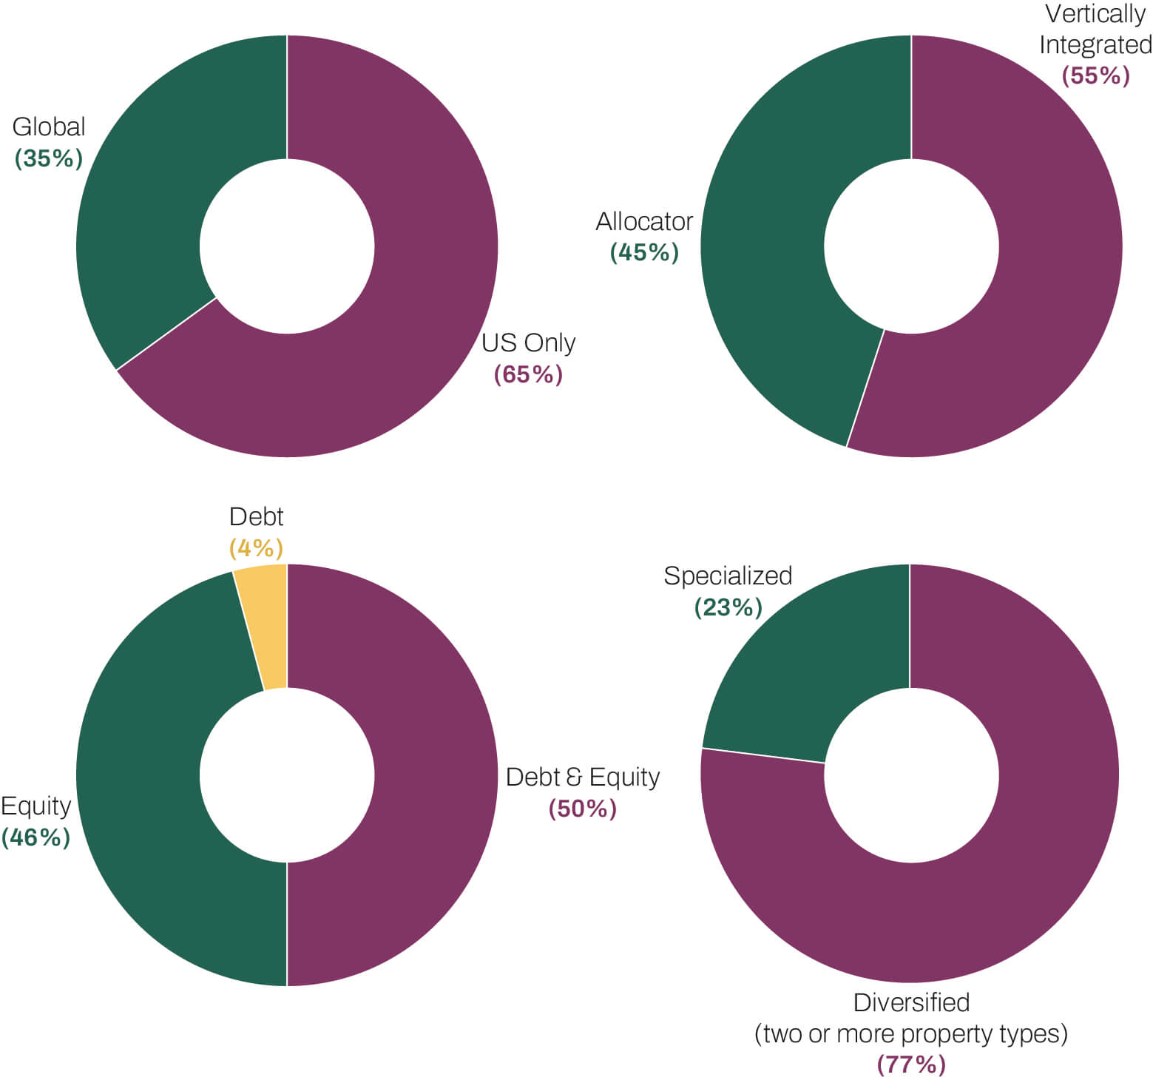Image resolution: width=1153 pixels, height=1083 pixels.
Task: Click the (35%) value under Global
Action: pyautogui.click(x=49, y=158)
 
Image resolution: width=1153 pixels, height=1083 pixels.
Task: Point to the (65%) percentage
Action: pyautogui.click(x=528, y=374)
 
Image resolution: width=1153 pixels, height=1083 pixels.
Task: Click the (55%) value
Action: pyautogui.click(x=1095, y=75)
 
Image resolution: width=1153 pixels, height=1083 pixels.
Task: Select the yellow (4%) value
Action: pyautogui.click(x=256, y=548)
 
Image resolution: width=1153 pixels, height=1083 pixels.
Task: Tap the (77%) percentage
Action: pyautogui.click(x=911, y=1065)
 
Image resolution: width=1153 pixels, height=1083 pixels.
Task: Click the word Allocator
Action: pyautogui.click(x=644, y=221)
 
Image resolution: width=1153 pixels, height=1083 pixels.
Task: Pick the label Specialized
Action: pyautogui.click(x=728, y=576)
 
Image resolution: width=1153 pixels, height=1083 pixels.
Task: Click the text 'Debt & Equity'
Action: pyautogui.click(x=583, y=777)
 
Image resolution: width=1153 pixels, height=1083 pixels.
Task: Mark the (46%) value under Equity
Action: pyautogui.click(x=35, y=837)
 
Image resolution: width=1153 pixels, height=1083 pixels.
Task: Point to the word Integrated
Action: pyautogui.click(x=1095, y=44)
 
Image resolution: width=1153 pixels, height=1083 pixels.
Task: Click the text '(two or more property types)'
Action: pyautogui.click(x=911, y=1033)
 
